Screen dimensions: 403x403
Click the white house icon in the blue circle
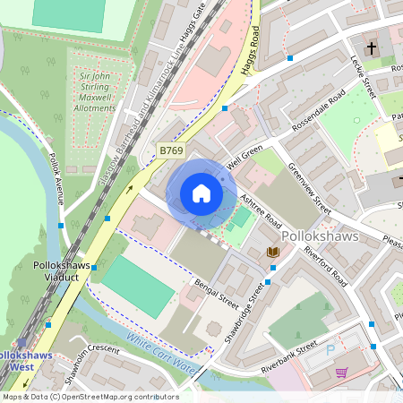pos(201,193)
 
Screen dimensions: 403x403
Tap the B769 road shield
pos(171,150)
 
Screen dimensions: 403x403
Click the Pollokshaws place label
pos(320,236)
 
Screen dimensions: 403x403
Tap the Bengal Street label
pos(216,293)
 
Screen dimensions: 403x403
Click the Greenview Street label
pos(309,187)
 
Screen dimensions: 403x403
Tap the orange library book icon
pos(273,253)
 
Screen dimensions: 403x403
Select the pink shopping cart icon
pos(341,372)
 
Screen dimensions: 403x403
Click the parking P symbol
pos(331,349)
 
